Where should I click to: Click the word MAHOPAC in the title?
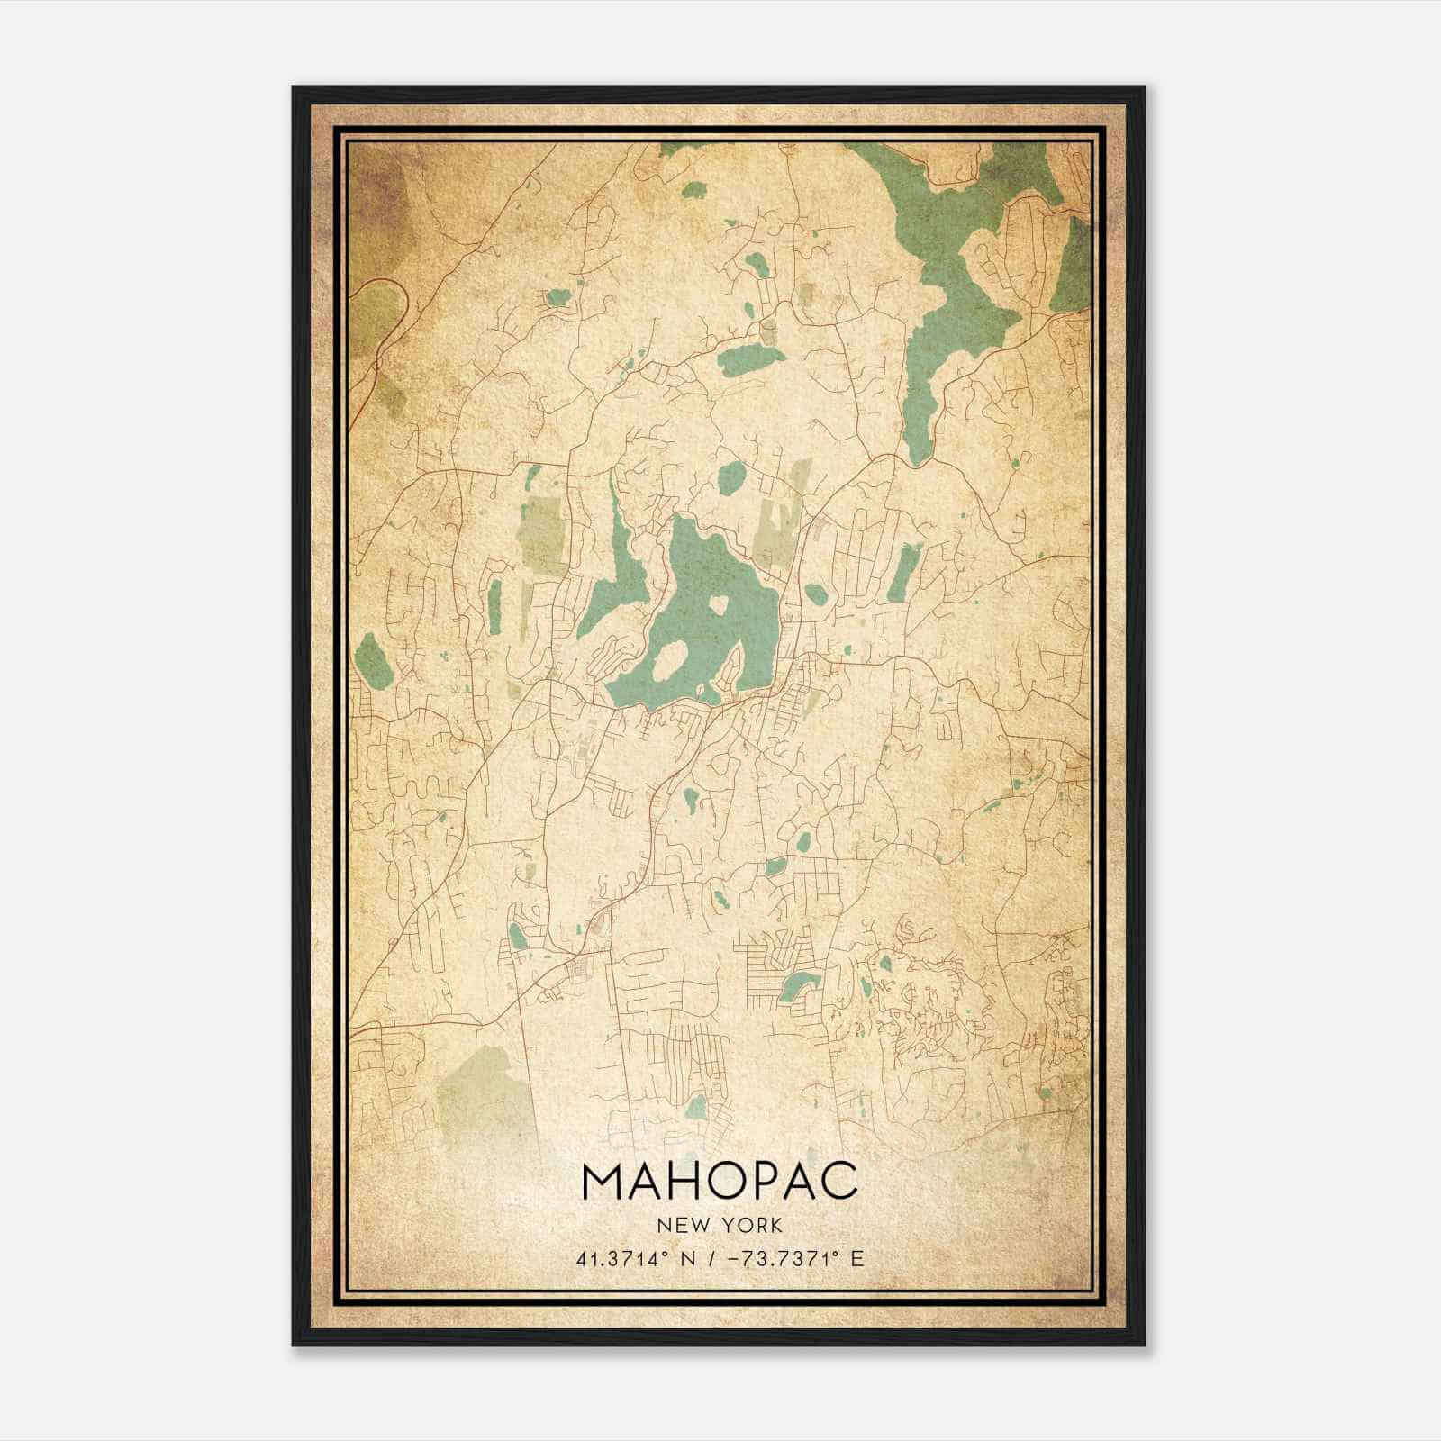[720, 1181]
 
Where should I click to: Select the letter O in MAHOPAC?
[727, 1181]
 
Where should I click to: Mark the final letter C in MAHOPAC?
[839, 1181]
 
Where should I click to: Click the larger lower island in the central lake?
[667, 662]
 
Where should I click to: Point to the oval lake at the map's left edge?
[371, 659]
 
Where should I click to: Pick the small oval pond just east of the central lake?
[815, 594]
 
